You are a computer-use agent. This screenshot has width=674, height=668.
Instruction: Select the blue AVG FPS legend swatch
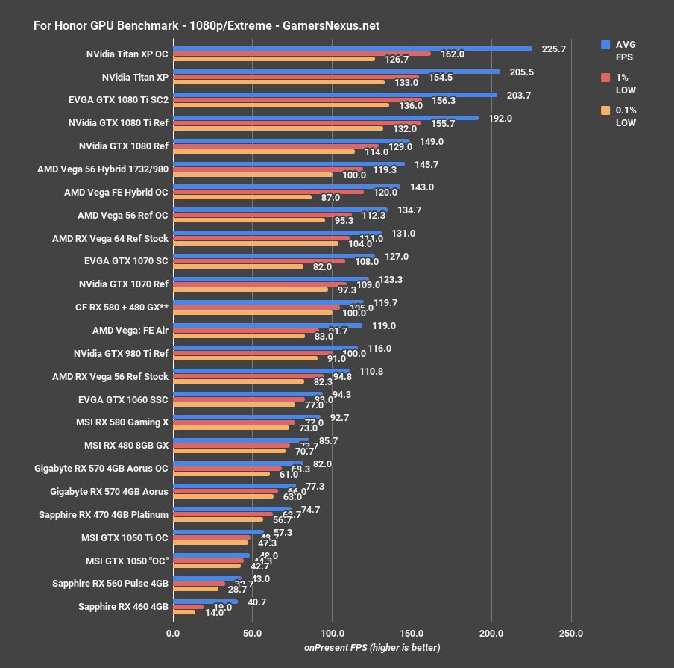click(x=606, y=45)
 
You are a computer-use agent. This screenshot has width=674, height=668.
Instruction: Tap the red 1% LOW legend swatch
click(x=606, y=78)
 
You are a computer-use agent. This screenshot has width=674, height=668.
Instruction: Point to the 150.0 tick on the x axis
click(x=412, y=633)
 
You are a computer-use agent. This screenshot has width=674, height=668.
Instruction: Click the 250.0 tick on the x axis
click(x=571, y=633)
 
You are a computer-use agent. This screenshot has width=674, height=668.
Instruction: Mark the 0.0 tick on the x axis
click(x=173, y=633)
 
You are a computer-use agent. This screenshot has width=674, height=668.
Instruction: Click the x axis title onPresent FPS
click(x=371, y=647)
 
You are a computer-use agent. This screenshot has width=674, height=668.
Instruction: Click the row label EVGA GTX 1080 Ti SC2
click(x=118, y=99)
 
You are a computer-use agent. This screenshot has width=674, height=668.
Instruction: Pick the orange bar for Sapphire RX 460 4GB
click(x=184, y=612)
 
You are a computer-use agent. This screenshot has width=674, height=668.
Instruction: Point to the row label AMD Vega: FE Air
click(x=130, y=330)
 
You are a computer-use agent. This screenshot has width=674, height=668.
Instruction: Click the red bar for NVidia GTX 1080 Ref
click(x=275, y=146)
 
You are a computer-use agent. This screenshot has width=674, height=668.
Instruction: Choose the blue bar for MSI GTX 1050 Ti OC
click(x=218, y=532)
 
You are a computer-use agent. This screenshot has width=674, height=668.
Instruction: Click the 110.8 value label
click(x=371, y=371)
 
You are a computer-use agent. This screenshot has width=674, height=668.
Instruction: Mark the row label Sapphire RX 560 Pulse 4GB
click(x=110, y=584)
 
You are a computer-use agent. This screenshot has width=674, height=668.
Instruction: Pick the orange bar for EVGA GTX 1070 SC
click(x=238, y=266)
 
